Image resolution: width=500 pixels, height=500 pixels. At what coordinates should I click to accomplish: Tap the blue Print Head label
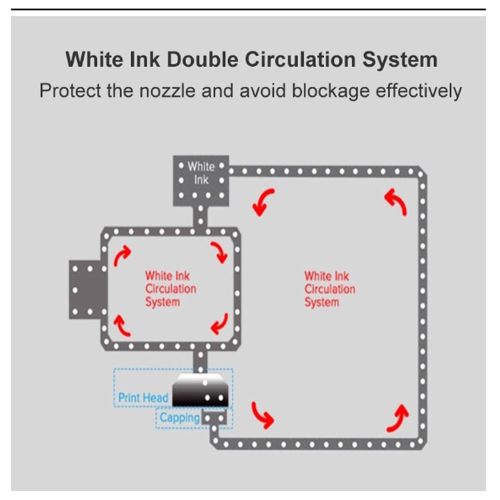pyautogui.click(x=143, y=397)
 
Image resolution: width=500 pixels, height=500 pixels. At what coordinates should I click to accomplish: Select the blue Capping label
pyautogui.click(x=179, y=417)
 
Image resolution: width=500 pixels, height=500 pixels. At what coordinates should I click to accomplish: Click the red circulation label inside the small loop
pyautogui.click(x=170, y=289)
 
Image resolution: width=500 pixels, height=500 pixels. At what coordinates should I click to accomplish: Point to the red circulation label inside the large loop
pyautogui.click(x=329, y=289)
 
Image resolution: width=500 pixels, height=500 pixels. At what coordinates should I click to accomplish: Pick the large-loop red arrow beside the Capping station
pyautogui.click(x=262, y=415)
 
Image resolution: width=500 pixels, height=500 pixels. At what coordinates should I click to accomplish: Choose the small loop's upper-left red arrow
pyautogui.click(x=122, y=254)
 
